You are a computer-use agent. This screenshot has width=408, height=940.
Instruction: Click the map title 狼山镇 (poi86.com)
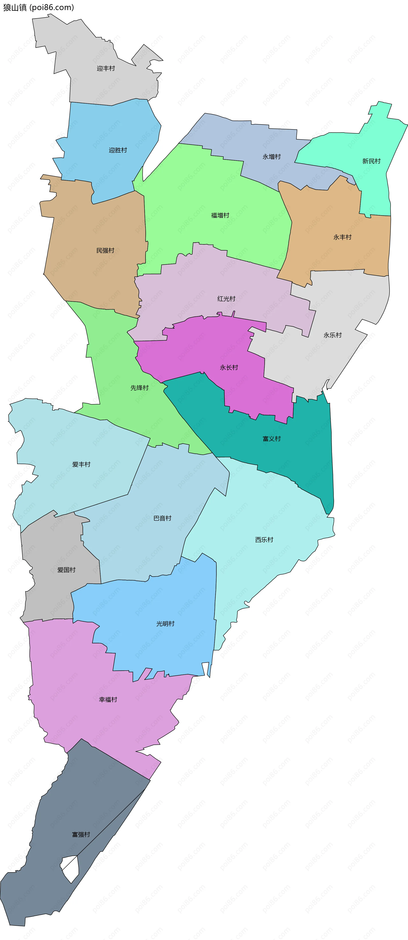coord(38,7)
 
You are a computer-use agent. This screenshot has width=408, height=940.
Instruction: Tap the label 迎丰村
coord(106,68)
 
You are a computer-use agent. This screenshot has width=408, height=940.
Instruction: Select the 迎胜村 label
coord(118,150)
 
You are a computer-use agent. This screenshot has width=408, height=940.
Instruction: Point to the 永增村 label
coord(272,157)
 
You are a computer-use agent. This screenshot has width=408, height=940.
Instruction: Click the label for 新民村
coord(371,161)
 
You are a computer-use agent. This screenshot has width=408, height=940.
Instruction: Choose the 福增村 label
coord(220,215)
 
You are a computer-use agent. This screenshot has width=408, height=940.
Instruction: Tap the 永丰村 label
coord(342,237)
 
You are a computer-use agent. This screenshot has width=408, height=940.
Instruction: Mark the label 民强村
coord(105,250)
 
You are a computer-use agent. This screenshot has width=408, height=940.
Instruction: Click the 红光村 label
coord(226,299)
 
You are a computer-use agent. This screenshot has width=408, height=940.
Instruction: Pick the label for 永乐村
coord(333,335)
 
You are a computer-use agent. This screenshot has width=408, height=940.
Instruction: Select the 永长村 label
coord(229,367)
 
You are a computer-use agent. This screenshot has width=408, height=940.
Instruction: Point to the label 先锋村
coord(139,388)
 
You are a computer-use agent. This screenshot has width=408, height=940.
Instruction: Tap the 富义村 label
coord(272,439)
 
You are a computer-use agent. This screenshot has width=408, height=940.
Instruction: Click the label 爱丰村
coord(81,464)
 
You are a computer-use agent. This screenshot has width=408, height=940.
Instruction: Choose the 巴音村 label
coord(162,518)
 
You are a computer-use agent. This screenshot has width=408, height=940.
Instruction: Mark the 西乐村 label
coord(264,540)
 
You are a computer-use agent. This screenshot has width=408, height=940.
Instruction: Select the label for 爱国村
coord(66,570)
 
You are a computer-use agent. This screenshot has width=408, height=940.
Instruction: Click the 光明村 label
coord(165,624)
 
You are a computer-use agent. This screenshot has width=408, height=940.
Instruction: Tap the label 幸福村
coord(108,699)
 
